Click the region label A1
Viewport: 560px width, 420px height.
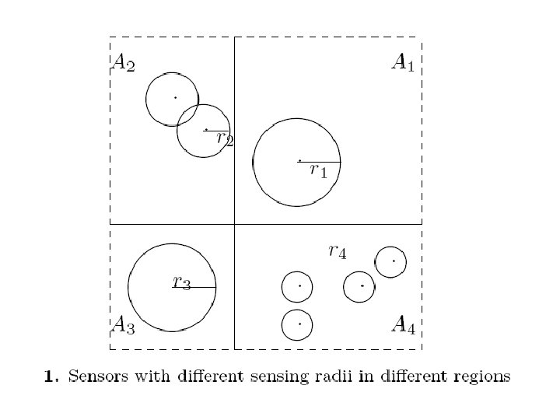point(402,63)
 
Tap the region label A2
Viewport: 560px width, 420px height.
point(124,63)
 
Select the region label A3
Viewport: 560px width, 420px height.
point(124,324)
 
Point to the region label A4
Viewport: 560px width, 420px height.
point(403,324)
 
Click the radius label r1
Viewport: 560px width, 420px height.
point(318,171)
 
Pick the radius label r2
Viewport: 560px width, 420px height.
point(225,139)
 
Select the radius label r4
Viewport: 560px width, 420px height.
point(337,250)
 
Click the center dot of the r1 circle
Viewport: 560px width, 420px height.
point(299,161)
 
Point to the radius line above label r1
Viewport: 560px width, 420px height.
point(320,162)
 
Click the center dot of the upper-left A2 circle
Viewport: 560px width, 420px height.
point(175,97)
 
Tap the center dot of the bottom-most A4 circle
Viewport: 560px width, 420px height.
point(299,324)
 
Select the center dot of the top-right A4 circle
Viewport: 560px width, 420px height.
point(394,261)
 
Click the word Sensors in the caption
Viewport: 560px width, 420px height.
point(93,377)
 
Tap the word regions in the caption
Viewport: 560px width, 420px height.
point(482,378)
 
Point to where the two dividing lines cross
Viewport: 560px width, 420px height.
point(234,224)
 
